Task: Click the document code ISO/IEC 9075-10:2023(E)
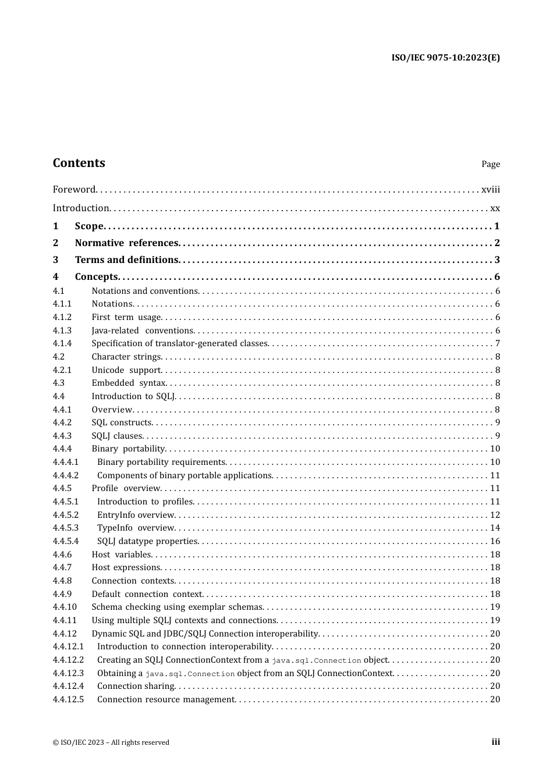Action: pyautogui.click(x=445, y=58)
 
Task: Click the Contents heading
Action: pyautogui.click(x=79, y=163)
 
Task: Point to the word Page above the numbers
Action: pyautogui.click(x=490, y=164)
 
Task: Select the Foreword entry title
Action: pyautogui.click(x=74, y=190)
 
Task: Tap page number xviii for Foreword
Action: pyautogui.click(x=490, y=190)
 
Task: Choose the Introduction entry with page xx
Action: pyautogui.click(x=81, y=208)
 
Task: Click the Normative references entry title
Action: pyautogui.click(x=126, y=243)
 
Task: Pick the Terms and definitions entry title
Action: pyautogui.click(x=126, y=260)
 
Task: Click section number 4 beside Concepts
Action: pyautogui.click(x=56, y=277)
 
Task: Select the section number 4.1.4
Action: pyautogui.click(x=62, y=344)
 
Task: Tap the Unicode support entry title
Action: pyautogui.click(x=126, y=370)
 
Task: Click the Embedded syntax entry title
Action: pyautogui.click(x=129, y=383)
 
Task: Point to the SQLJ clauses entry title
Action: pyautogui.click(x=117, y=436)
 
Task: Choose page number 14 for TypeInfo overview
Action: pyautogui.click(x=495, y=528)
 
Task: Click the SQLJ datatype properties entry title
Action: pyautogui.click(x=147, y=541)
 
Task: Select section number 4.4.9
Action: pyautogui.click(x=62, y=594)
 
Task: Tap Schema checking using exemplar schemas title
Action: pyautogui.click(x=178, y=607)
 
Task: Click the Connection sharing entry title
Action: pyautogui.click(x=136, y=686)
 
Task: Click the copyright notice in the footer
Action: pyautogui.click(x=111, y=742)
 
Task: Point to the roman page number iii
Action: pyautogui.click(x=495, y=742)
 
